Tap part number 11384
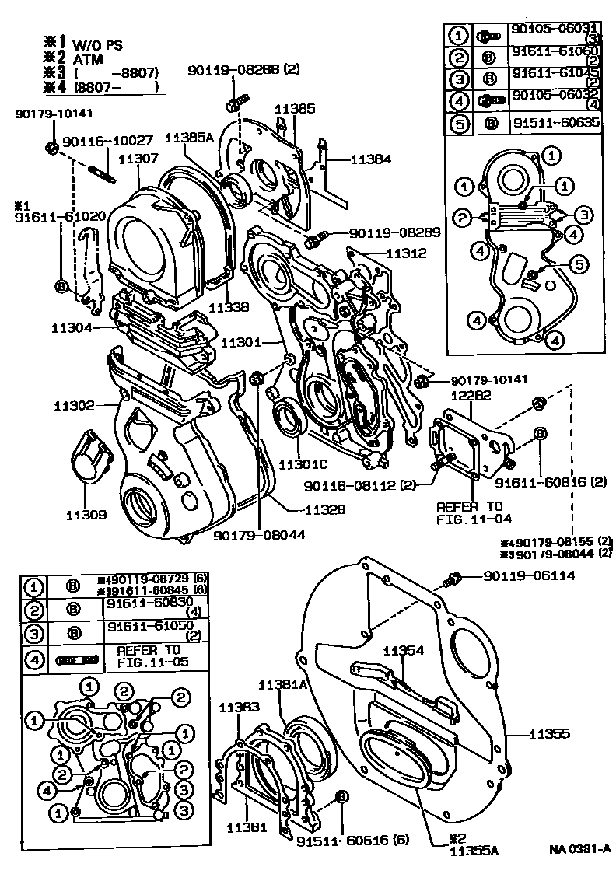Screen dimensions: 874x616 [370, 158]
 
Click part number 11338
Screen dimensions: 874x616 [229, 307]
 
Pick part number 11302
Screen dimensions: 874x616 [75, 405]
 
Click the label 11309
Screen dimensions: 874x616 [86, 514]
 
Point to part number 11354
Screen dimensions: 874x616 [403, 651]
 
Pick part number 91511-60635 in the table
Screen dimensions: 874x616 [555, 122]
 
